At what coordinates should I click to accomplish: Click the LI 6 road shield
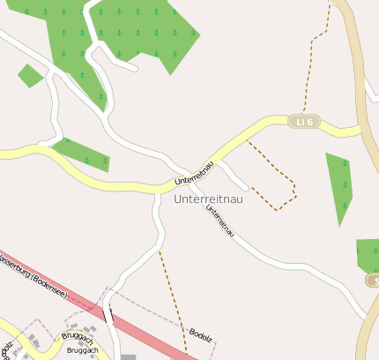coord(304,122)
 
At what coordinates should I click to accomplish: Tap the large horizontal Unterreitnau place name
coord(209,199)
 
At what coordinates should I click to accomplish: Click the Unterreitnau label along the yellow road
coord(195,173)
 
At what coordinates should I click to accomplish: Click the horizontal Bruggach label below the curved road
coord(82,350)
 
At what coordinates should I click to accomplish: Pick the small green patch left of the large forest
coord(30,76)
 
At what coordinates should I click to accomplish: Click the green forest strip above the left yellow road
coord(84,154)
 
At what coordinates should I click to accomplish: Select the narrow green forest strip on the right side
coord(340,187)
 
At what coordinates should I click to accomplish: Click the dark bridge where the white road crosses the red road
coord(108,314)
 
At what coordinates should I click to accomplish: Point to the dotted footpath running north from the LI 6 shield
coord(313,62)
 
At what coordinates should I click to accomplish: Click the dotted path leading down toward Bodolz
coord(173,291)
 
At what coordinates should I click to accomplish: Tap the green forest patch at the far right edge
coord(368,254)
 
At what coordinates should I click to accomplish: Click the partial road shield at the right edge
coord(374,281)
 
